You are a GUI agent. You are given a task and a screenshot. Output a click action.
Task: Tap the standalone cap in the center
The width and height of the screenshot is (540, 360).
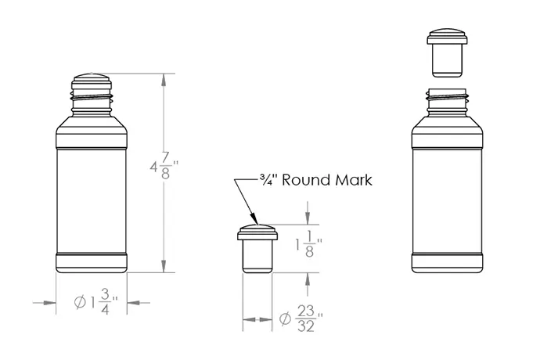click(257, 248)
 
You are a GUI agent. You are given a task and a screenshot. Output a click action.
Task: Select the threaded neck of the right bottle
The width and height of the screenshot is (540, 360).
click(448, 100)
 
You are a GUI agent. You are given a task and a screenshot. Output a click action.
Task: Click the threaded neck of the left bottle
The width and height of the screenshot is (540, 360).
click(92, 97)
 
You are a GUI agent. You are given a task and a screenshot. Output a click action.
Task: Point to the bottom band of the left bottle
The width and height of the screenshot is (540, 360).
click(92, 262)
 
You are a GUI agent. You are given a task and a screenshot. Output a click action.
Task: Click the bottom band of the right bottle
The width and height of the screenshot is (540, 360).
click(448, 262)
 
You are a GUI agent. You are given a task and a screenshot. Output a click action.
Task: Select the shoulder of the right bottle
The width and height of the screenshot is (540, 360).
click(448, 123)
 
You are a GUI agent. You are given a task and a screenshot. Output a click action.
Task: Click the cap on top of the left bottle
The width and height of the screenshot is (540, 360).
click(92, 79)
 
